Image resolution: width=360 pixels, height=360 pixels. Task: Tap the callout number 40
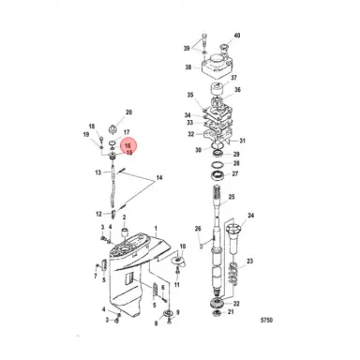tap(236, 36)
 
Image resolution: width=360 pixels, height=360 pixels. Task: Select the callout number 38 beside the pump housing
tap(187, 67)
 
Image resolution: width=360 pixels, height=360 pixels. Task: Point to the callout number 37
tap(234, 79)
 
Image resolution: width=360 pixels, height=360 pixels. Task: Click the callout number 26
tap(198, 229)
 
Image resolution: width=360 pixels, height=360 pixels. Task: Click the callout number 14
tap(158, 177)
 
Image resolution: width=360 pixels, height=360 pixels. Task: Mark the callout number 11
tap(178, 283)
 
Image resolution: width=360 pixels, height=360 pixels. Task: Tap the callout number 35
tap(189, 96)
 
